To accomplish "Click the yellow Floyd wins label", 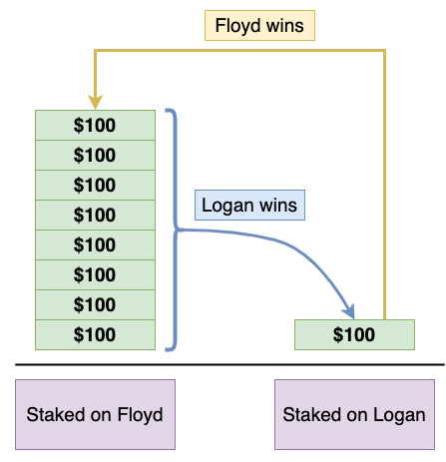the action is point(259,26).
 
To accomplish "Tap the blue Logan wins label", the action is point(249,205).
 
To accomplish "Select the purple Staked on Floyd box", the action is point(95,414).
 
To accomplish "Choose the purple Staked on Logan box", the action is point(354,414).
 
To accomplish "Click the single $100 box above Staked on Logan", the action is point(354,334).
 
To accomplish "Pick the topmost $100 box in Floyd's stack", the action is point(95,125).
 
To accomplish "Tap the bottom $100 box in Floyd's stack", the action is point(95,334).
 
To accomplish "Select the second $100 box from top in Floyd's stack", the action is point(95,155).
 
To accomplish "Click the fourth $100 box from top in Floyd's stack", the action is point(95,215).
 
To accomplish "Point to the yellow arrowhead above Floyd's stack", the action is point(95,102).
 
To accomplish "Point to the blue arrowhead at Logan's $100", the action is point(349,311).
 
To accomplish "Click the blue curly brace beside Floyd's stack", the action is point(176,230).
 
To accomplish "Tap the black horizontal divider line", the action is point(229,364).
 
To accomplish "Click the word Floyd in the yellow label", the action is point(237,26).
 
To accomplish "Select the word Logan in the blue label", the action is point(227,206).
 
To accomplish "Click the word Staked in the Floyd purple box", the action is point(56,414).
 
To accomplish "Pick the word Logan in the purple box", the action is point(399,415).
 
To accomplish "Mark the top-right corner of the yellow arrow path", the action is point(385,51).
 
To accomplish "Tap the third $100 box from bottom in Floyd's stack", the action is point(95,274).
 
